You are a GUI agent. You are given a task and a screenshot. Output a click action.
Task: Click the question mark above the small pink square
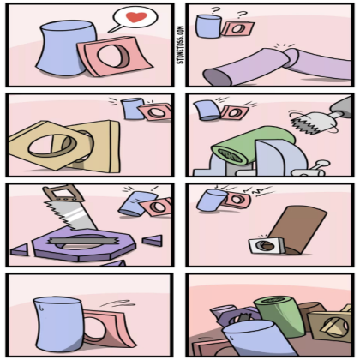241,14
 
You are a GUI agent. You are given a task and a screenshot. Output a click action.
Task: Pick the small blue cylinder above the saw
131,202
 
